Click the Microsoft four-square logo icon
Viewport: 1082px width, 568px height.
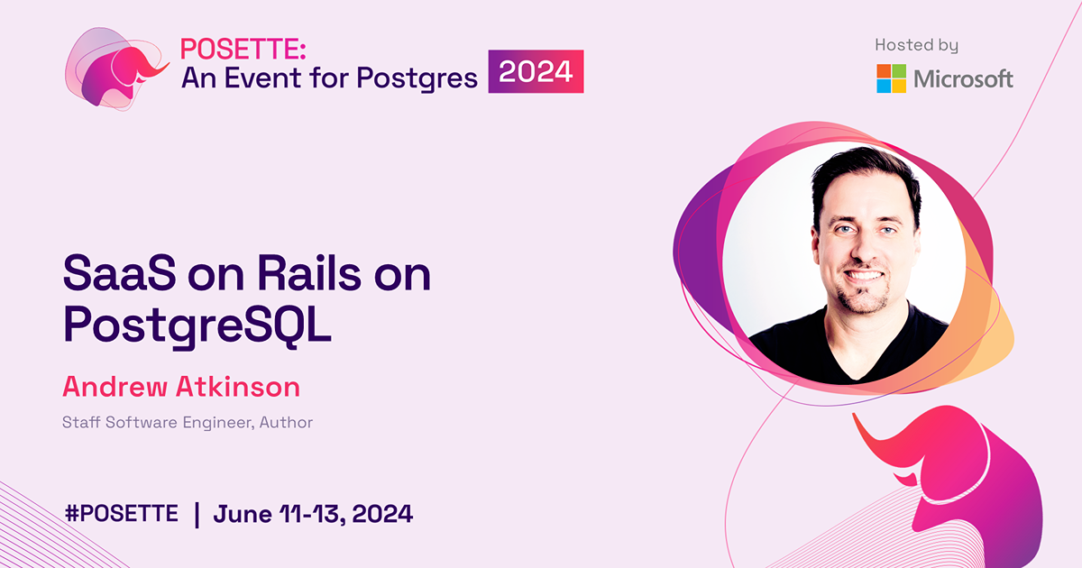pos(891,78)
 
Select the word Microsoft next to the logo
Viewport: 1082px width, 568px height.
pos(963,79)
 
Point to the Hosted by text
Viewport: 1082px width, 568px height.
pos(916,45)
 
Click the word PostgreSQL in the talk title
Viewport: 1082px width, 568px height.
pos(197,326)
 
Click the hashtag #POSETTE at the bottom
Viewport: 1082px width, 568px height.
pos(121,515)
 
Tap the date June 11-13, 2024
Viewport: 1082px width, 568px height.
pos(313,515)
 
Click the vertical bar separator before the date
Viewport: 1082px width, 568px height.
pos(197,515)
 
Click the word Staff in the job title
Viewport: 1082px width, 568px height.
pos(80,422)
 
